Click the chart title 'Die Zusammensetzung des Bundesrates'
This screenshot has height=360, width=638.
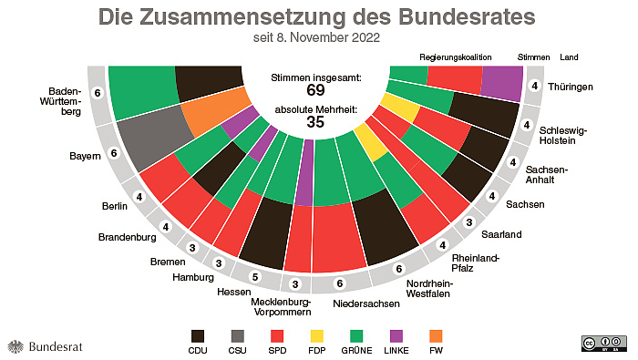[x=316, y=17]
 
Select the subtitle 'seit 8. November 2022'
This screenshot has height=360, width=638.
[x=316, y=38]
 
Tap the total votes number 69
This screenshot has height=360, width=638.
[x=316, y=90]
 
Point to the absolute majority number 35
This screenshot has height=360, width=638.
[x=316, y=122]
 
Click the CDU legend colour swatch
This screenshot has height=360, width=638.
[x=198, y=334]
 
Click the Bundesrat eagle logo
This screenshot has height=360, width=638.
[x=15, y=346]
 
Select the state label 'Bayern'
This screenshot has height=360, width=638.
[x=85, y=157]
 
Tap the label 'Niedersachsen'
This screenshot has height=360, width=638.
[x=365, y=302]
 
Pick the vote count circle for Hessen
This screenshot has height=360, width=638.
[x=255, y=277]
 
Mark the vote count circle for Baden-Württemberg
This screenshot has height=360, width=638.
[x=98, y=93]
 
